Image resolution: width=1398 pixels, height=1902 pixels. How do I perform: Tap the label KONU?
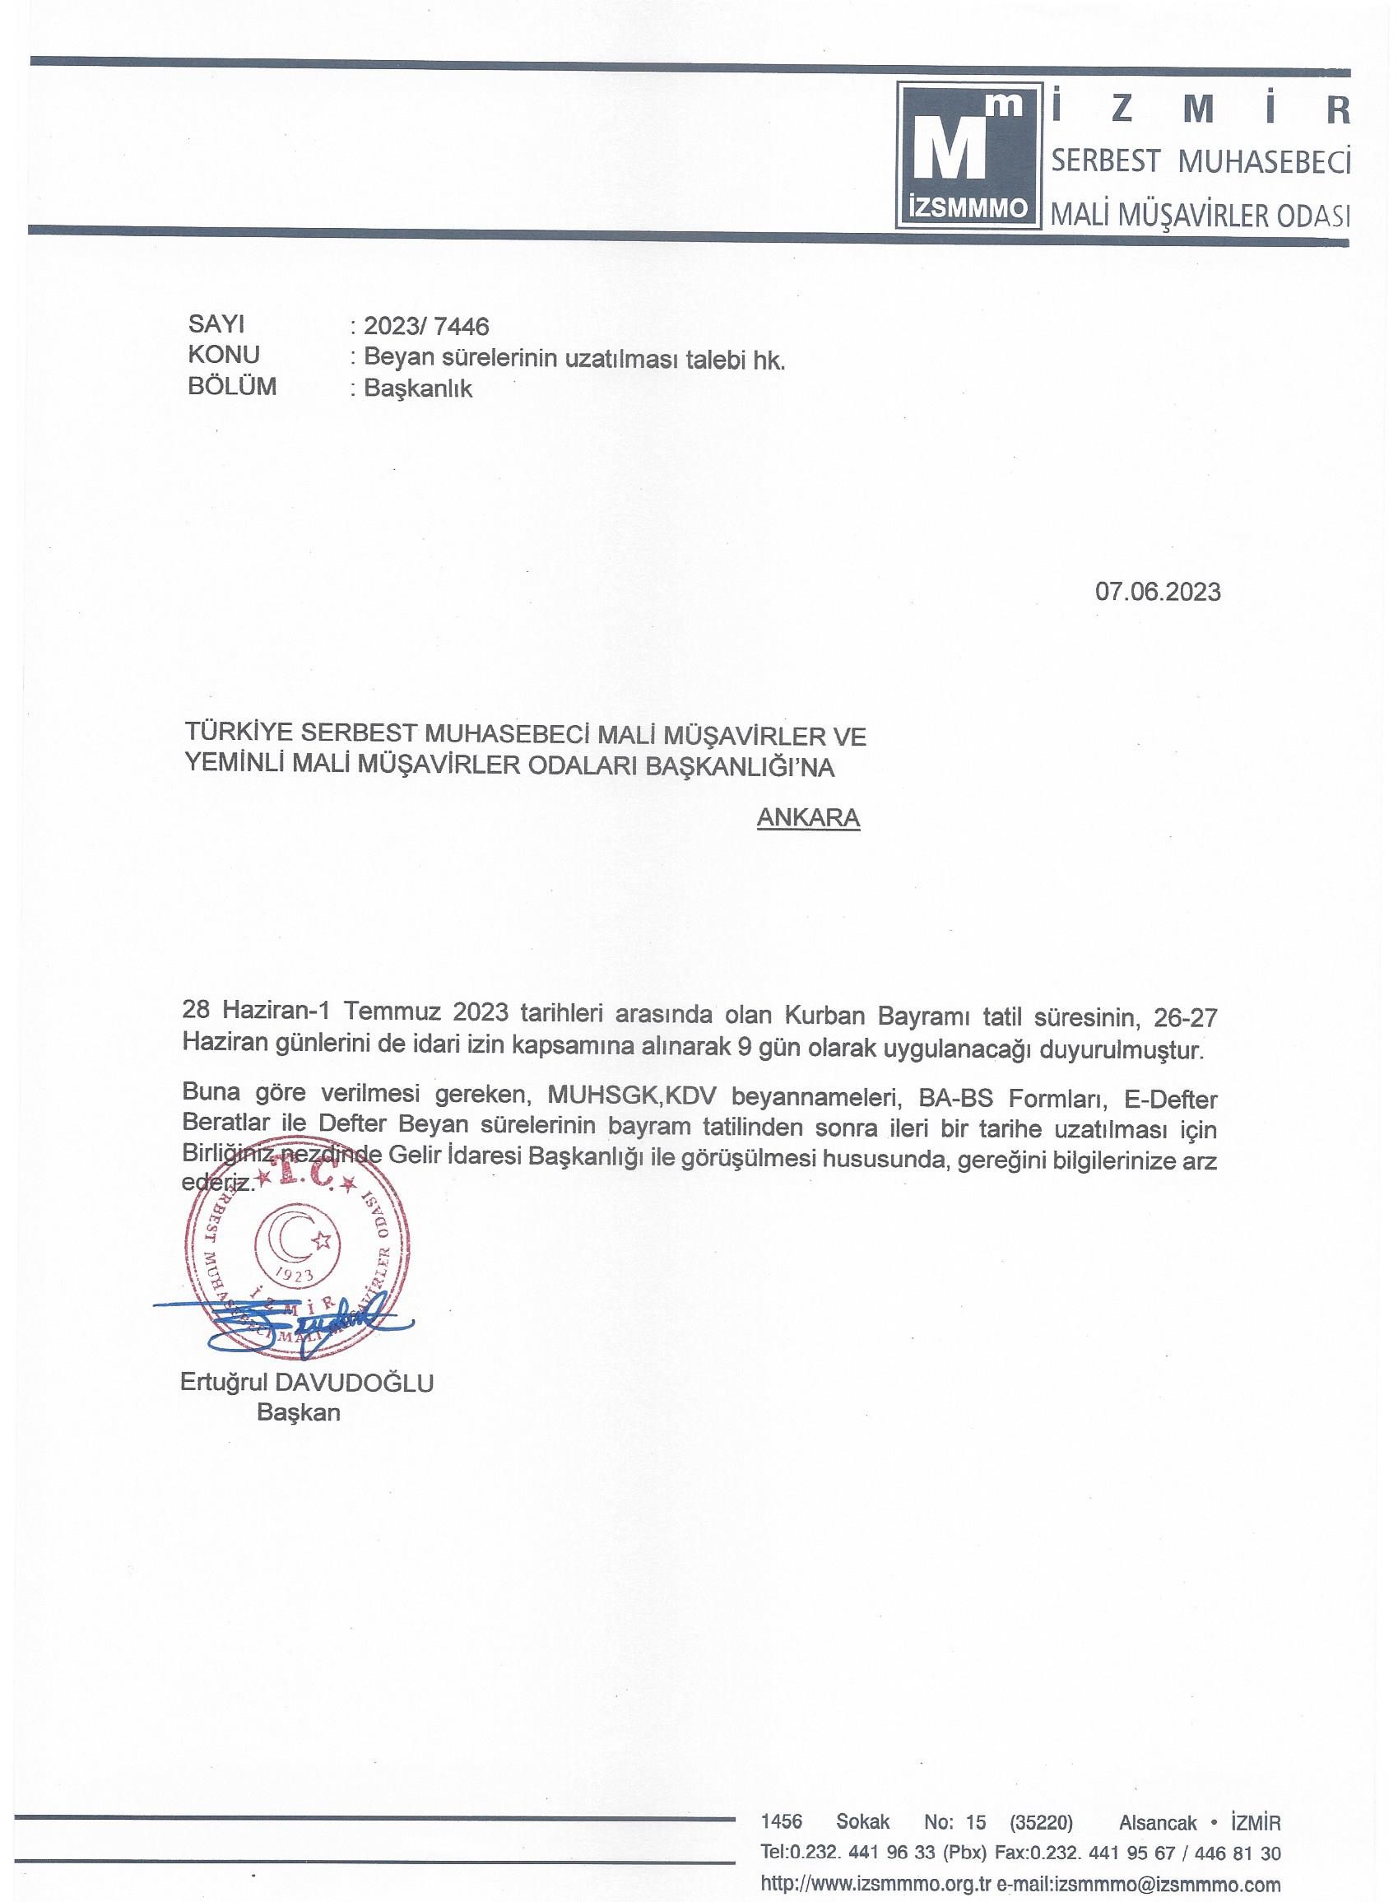[224, 355]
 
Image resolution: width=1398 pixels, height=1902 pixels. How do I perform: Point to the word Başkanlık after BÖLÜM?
[417, 388]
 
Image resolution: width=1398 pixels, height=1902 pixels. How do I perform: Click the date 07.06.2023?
[1157, 592]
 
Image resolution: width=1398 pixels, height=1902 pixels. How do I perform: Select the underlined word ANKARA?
[808, 818]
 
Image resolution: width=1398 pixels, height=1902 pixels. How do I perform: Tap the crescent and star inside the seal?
[299, 1241]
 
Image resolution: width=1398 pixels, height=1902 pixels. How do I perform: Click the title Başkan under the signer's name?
[298, 1413]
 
